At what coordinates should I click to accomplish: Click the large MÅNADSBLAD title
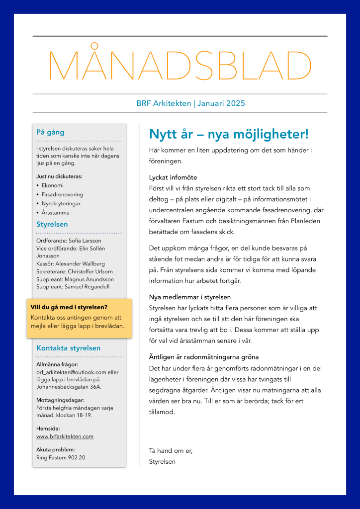[180, 66]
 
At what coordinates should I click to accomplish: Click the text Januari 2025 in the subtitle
[221, 103]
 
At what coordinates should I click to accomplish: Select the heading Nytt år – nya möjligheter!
[229, 134]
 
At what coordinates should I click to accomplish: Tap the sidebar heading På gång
[50, 132]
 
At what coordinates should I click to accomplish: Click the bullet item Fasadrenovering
[62, 194]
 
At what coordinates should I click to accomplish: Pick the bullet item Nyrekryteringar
[61, 203]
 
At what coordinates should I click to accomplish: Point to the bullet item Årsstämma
[55, 212]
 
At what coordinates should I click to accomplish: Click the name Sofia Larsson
[85, 241]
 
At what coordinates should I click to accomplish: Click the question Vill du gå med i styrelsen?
[69, 307]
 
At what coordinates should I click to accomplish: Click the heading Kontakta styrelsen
[68, 348]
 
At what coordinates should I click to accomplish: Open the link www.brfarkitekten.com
[65, 436]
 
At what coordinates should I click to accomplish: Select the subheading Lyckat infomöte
[170, 177]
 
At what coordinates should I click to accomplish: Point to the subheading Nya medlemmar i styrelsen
[189, 297]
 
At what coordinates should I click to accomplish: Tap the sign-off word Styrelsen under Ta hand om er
[162, 461]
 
